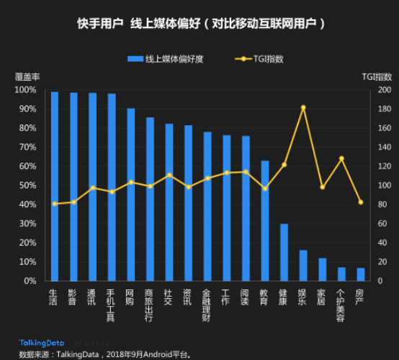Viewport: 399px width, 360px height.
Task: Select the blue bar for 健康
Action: click(x=284, y=252)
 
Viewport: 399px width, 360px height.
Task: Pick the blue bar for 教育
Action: click(x=265, y=220)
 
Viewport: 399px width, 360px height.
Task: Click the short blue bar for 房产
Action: click(x=361, y=274)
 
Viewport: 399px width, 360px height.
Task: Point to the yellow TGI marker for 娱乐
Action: click(x=303, y=107)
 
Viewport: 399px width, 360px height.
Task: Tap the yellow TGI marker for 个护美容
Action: click(x=341, y=158)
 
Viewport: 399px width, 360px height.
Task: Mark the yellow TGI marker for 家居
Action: click(x=323, y=187)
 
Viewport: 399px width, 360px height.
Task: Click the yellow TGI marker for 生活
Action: click(x=55, y=204)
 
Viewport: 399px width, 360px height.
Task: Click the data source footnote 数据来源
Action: click(x=104, y=354)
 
